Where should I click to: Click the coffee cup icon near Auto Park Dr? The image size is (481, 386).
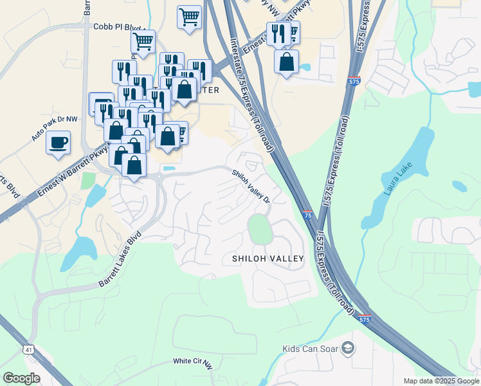pyautogui.click(x=59, y=142)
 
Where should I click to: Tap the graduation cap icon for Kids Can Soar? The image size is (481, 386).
pyautogui.click(x=349, y=349)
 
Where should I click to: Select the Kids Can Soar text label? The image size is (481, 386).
pyautogui.click(x=310, y=349)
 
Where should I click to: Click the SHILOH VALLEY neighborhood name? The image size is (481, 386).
pyautogui.click(x=268, y=259)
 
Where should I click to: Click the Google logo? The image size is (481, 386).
pyautogui.click(x=21, y=378)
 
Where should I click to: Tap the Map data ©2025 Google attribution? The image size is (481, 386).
pyautogui.click(x=441, y=381)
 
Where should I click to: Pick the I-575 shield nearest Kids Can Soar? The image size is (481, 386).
pyautogui.click(x=365, y=319)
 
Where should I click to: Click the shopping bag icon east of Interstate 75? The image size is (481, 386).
pyautogui.click(x=286, y=62)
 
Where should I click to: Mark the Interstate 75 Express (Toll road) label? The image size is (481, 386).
pyautogui.click(x=252, y=96)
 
